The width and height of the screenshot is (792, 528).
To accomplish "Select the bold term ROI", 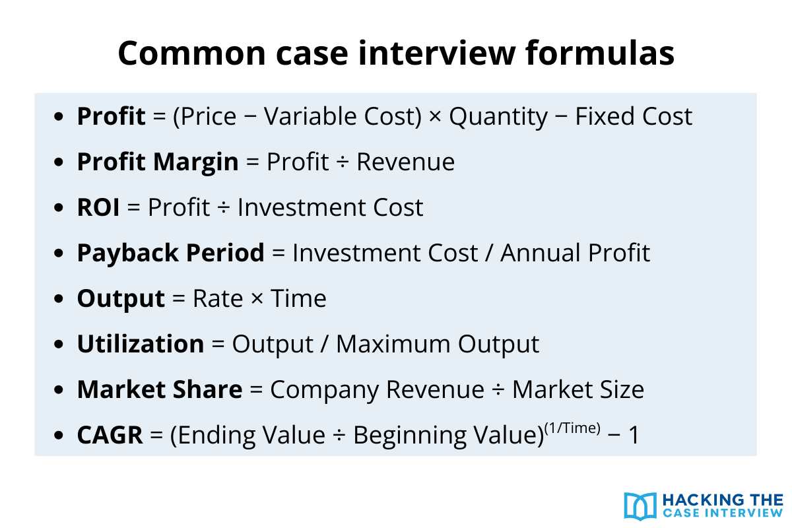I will (98, 207).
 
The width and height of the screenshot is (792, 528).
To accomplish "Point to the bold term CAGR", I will (110, 436).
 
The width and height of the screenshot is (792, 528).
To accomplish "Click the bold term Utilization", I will (141, 344).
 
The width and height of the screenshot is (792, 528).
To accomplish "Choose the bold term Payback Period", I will (170, 253).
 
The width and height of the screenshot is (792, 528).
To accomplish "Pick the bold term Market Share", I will (159, 389).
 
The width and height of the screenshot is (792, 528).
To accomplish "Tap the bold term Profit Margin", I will (158, 162).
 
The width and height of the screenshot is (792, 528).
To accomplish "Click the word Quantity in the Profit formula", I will (498, 116).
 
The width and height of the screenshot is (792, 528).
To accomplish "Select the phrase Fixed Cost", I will (634, 116).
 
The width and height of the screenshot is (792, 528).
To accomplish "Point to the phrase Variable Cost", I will (343, 116).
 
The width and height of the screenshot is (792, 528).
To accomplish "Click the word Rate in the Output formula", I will (214, 298).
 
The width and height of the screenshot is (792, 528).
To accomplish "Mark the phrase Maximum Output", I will (438, 344).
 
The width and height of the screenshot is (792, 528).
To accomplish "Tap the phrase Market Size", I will (577, 389).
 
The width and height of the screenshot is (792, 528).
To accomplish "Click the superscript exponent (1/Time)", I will (572, 428).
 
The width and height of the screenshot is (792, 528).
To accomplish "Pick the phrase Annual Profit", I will (575, 253).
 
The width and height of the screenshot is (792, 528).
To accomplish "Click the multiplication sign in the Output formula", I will (251, 299).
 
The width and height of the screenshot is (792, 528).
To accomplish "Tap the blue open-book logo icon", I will (639, 505).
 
